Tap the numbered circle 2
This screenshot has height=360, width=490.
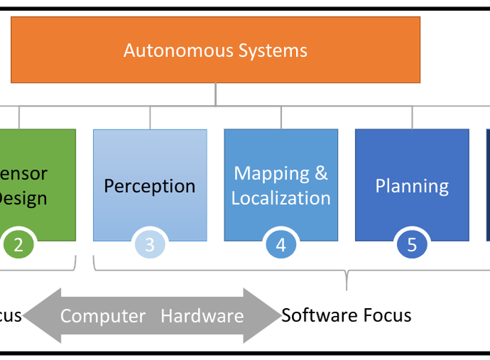(19, 245)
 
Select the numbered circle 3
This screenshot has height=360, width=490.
(150, 245)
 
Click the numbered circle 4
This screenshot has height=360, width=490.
(281, 245)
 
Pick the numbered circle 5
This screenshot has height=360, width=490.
(412, 245)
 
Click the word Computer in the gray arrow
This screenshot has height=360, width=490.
(102, 316)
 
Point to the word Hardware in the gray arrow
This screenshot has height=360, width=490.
(202, 316)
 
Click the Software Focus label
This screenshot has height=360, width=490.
(346, 315)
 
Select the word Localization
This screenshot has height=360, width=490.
(281, 198)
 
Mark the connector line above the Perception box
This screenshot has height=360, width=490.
(150, 118)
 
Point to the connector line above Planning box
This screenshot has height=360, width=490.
(412, 118)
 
